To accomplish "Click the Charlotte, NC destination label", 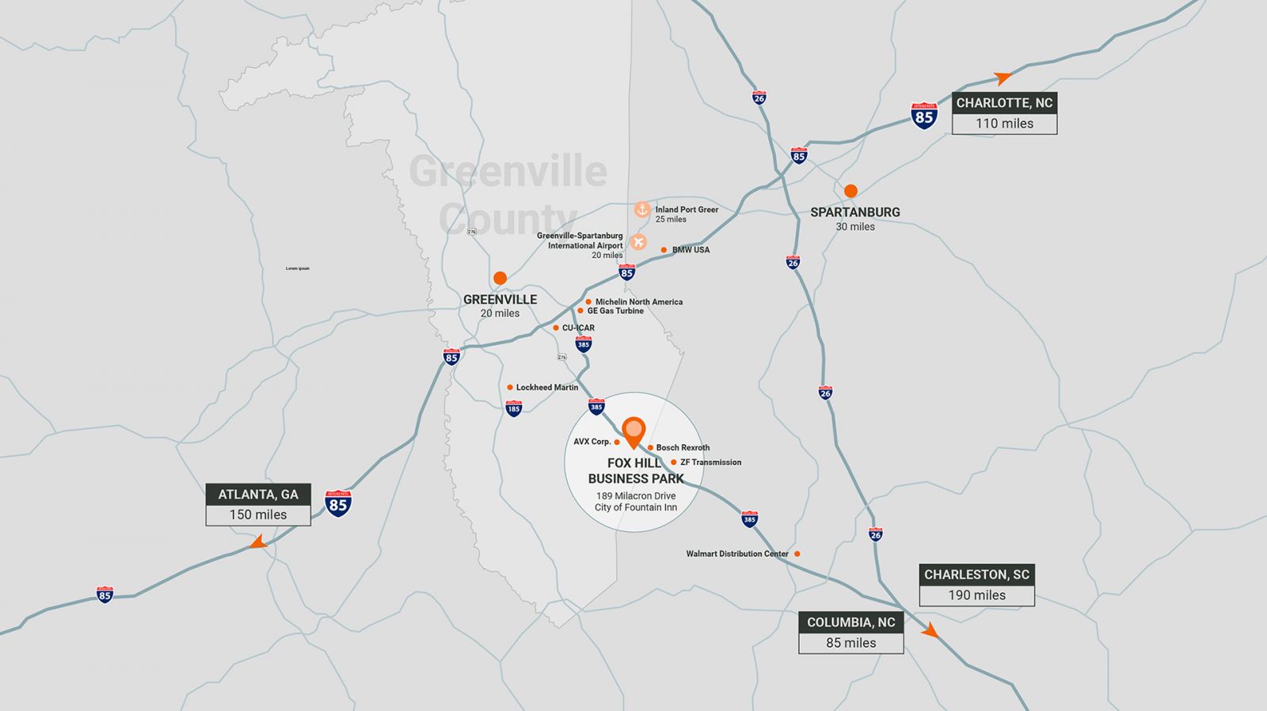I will tap(1004, 103).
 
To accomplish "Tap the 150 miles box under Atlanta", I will tap(258, 515).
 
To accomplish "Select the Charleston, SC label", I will tap(976, 575).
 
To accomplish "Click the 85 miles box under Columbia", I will tap(850, 643).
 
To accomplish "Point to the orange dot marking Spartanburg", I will tap(850, 191).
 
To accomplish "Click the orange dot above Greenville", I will tap(500, 278).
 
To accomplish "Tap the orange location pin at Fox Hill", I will tap(633, 432).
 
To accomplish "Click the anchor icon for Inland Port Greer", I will tap(642, 210).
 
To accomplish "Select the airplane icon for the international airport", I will tap(638, 241).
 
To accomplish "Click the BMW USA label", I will tap(691, 250).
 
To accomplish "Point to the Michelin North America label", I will tap(638, 302).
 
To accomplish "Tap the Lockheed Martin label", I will tap(546, 387).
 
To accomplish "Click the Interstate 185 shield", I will tap(513, 408).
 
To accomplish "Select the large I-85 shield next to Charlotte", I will tap(923, 116).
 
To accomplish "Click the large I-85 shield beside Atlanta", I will tap(338, 504).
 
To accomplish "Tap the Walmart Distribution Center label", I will tap(736, 554).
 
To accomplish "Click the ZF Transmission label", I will tap(710, 462).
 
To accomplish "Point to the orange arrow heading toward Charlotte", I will tap(1003, 78).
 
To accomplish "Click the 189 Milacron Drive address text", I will tap(636, 496).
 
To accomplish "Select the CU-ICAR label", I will tap(578, 328).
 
